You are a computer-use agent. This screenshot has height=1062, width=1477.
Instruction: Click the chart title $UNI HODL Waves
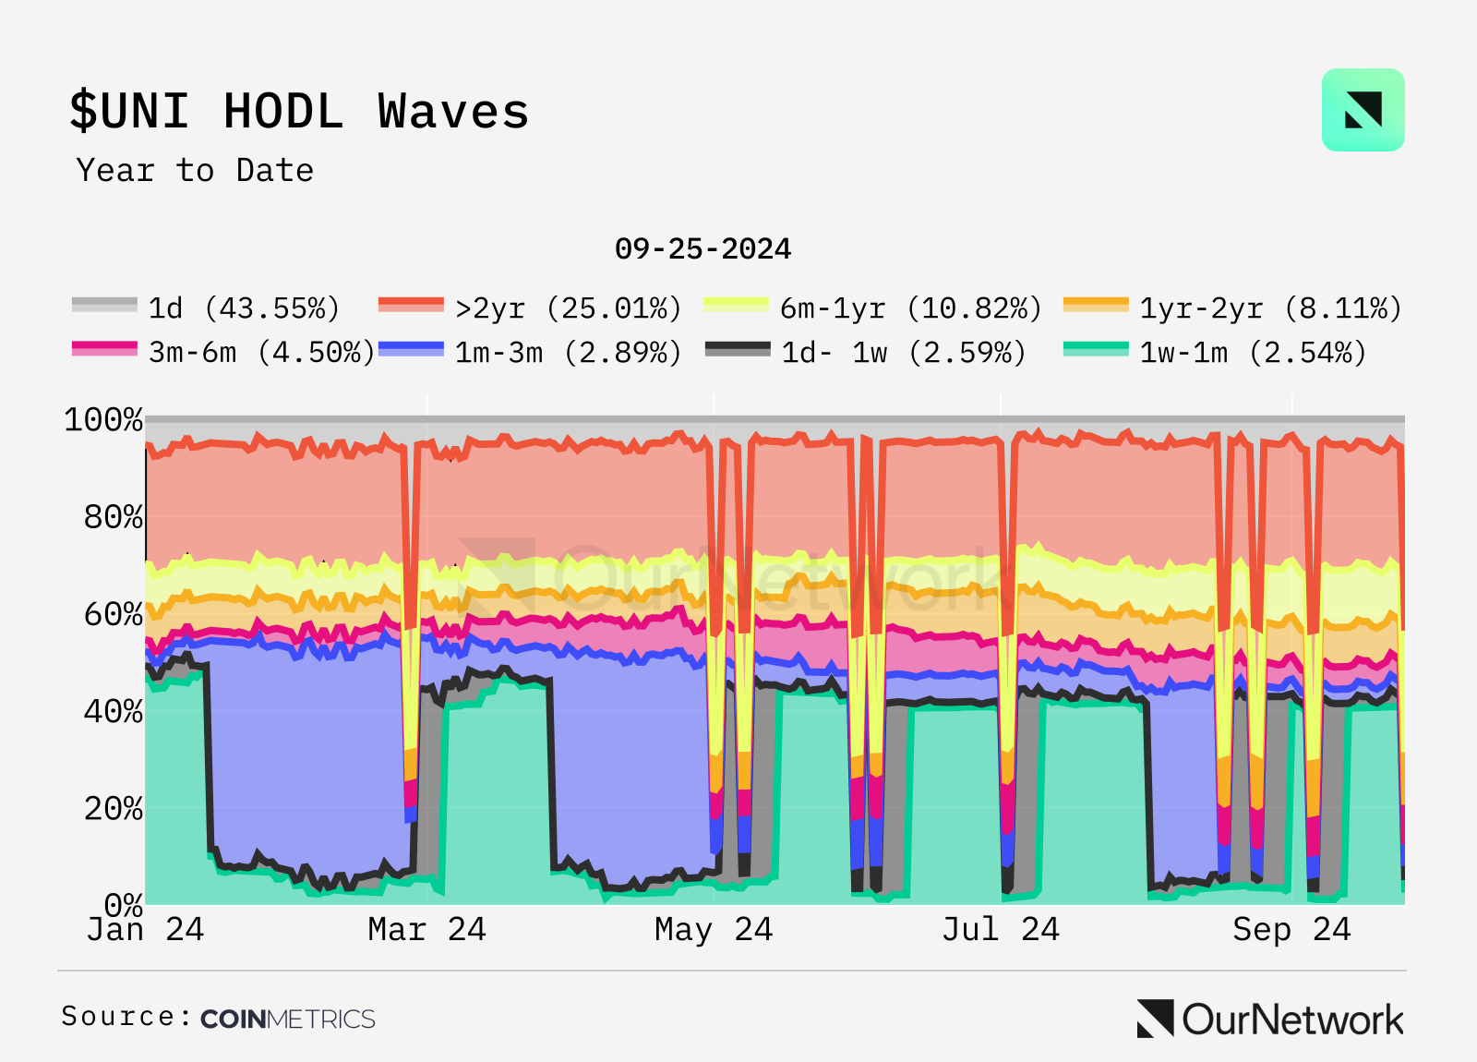(x=299, y=112)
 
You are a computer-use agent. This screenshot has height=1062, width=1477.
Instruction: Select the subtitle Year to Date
(x=195, y=171)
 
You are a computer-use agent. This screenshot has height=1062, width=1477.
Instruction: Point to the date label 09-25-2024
(x=702, y=249)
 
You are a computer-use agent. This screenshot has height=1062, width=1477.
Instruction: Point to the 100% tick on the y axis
(x=103, y=420)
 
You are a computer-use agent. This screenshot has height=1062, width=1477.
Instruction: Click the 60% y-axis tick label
(x=113, y=614)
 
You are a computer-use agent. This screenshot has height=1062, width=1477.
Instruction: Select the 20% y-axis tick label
(x=113, y=809)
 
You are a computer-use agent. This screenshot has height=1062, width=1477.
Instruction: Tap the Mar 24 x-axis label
(x=426, y=929)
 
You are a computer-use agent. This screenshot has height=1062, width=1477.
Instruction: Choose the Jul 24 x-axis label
(x=1001, y=929)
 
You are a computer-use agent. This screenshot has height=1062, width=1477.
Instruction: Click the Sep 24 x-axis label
(x=1291, y=929)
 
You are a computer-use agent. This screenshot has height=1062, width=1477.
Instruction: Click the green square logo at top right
(x=1363, y=110)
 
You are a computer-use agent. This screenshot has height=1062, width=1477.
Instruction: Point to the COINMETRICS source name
(x=288, y=1019)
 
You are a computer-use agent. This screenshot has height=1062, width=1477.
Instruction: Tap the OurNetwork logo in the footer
(x=1270, y=1020)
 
